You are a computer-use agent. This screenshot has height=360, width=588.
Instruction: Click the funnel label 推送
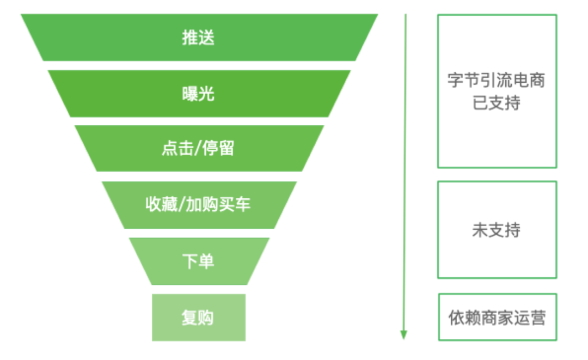pyautogui.click(x=198, y=38)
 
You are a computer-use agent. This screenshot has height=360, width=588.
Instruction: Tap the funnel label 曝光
pyautogui.click(x=198, y=93)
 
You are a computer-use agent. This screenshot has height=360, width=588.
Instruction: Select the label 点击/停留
pyautogui.click(x=198, y=148)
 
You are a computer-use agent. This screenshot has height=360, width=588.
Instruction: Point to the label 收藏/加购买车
pyautogui.click(x=198, y=204)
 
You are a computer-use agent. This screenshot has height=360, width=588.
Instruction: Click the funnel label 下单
pyautogui.click(x=198, y=261)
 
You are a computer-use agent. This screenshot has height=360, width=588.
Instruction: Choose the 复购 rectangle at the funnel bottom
pyautogui.click(x=199, y=318)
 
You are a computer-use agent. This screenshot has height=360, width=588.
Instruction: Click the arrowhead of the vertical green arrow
pyautogui.click(x=403, y=335)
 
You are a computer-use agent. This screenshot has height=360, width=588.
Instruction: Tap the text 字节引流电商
pyautogui.click(x=496, y=80)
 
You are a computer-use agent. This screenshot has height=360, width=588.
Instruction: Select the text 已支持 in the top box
pyautogui.click(x=496, y=103)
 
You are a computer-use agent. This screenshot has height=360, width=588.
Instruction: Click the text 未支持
pyautogui.click(x=496, y=230)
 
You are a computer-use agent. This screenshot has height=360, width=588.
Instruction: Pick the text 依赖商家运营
pyautogui.click(x=497, y=318)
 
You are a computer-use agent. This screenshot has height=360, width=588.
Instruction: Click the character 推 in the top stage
pyautogui.click(x=190, y=38)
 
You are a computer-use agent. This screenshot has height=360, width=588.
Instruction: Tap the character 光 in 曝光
pyautogui.click(x=207, y=93)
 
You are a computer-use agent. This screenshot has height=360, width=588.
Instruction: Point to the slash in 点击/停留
pyautogui.click(x=198, y=148)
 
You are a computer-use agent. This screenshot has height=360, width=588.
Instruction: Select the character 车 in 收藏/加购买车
pyautogui.click(x=243, y=204)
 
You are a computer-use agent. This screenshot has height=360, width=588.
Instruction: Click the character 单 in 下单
pyautogui.click(x=207, y=261)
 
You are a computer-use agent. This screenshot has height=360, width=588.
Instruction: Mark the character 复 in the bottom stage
pyautogui.click(x=190, y=318)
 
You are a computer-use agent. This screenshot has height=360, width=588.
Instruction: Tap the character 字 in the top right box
pyautogui.click(x=456, y=80)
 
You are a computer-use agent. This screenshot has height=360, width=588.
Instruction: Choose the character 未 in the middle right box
pyautogui.click(x=480, y=230)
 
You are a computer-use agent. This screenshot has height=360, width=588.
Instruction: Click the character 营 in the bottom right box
pyautogui.click(x=538, y=318)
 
